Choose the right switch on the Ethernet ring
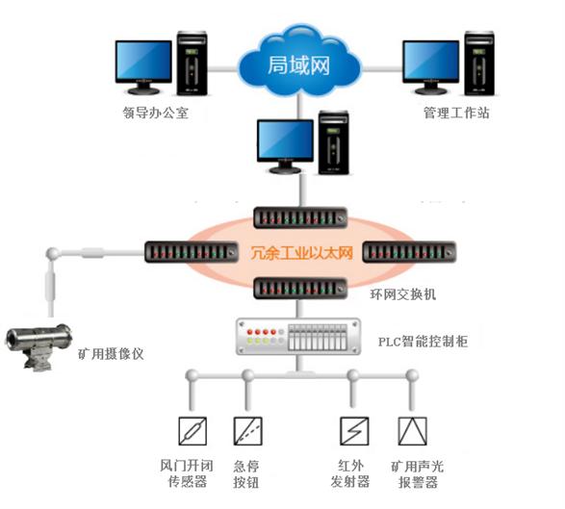[x=408, y=253]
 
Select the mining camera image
[x=39, y=342]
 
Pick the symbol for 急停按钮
[x=248, y=430]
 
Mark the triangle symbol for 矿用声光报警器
[x=411, y=430]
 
